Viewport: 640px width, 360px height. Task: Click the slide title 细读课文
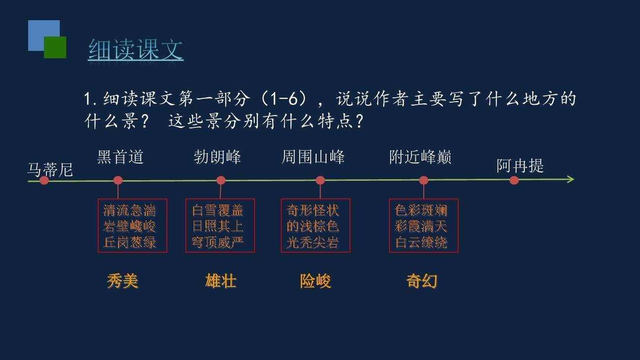pyautogui.click(x=136, y=49)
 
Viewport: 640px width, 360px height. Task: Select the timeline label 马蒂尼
pyautogui.click(x=50, y=169)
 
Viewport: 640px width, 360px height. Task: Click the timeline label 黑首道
pyautogui.click(x=120, y=157)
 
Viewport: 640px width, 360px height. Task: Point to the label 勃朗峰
pyautogui.click(x=217, y=157)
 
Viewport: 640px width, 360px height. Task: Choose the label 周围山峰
pyautogui.click(x=313, y=157)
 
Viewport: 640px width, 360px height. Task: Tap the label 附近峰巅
pyautogui.click(x=420, y=157)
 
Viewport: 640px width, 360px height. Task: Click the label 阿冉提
pyautogui.click(x=520, y=166)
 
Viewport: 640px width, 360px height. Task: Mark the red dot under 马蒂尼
pyautogui.click(x=44, y=180)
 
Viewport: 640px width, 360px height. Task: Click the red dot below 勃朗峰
pyautogui.click(x=221, y=180)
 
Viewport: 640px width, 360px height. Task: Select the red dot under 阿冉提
pyautogui.click(x=514, y=180)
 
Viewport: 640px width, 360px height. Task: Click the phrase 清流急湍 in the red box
pyautogui.click(x=129, y=211)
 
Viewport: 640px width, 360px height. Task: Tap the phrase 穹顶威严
pyautogui.click(x=218, y=242)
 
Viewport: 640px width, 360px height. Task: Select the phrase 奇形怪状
pyautogui.click(x=313, y=211)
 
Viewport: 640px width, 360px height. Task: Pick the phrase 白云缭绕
pyautogui.click(x=421, y=242)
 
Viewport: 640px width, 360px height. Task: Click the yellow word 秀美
pyautogui.click(x=122, y=281)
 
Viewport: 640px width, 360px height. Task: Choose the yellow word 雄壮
pyautogui.click(x=221, y=281)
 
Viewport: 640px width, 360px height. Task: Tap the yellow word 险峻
pyautogui.click(x=315, y=281)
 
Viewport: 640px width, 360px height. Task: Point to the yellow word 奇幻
pyautogui.click(x=422, y=281)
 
